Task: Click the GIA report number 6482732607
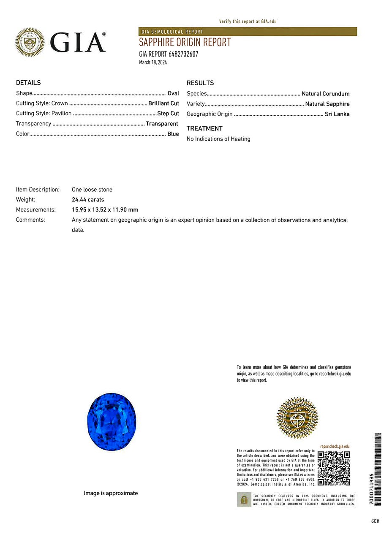tap(169, 54)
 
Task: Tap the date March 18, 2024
tap(153, 62)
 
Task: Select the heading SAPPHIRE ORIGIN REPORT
tap(185, 42)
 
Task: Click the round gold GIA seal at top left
tap(30, 42)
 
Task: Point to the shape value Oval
tap(173, 93)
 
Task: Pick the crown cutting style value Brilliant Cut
tap(163, 103)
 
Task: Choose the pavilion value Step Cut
tap(168, 114)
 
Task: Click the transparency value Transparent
tap(162, 124)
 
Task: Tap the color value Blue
tap(173, 134)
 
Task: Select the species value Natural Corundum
tap(325, 94)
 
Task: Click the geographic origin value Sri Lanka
tap(337, 114)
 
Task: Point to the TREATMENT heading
tap(204, 128)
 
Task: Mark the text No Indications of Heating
tap(218, 139)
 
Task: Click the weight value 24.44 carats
tap(88, 200)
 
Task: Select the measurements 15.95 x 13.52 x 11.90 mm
tap(105, 210)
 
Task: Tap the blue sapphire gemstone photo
tap(112, 422)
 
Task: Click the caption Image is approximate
tap(111, 493)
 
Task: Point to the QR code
tap(334, 468)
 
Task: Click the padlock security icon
tap(244, 500)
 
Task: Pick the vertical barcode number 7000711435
tap(371, 489)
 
